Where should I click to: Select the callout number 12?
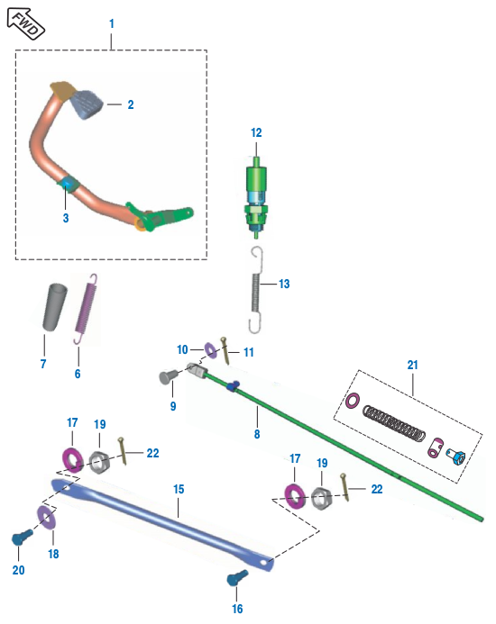[256, 132]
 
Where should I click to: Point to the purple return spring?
[85, 307]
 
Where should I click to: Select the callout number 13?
[284, 284]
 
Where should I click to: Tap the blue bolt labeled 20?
[20, 538]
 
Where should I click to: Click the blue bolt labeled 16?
[236, 578]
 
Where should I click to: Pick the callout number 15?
[179, 489]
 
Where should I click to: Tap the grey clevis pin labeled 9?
[167, 376]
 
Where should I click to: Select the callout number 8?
[256, 434]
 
